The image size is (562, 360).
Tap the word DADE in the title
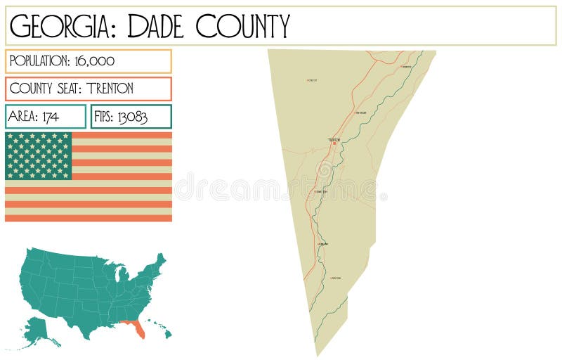pos(150,27)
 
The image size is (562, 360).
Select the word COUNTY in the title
pos(242,27)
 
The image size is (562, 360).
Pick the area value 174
pos(50,117)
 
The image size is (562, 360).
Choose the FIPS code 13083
pos(132,117)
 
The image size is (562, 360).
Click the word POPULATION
pos(37,61)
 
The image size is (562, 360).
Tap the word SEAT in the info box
pos(67,89)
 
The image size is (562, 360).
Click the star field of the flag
pos(38,155)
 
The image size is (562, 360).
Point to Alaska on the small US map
pos(43,331)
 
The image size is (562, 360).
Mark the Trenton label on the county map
pos(334,139)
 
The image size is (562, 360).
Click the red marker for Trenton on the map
pos(334,143)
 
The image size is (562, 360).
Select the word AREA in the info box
pos(22,117)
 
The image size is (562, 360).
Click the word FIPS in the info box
pos(104,117)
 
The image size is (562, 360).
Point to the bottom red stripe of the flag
pos(89,218)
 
